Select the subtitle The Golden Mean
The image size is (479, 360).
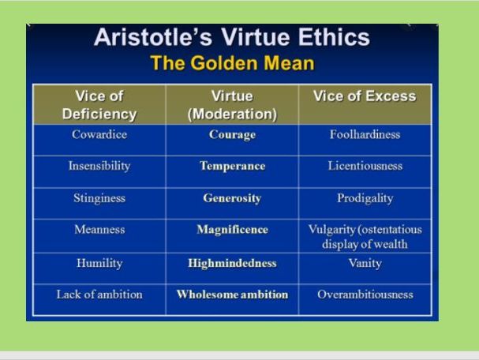point(232,64)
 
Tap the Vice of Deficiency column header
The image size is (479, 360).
point(99,105)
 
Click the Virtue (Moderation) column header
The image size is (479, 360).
point(232,105)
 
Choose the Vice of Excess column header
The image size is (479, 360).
point(365,97)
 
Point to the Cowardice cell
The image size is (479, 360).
point(99,134)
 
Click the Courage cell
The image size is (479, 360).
point(232,135)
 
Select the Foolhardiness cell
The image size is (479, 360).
point(365,134)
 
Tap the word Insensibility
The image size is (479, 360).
point(99,167)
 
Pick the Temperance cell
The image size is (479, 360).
point(232,167)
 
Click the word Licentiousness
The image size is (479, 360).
point(365,167)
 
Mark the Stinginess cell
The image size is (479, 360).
point(99,198)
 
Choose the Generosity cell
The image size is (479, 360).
point(232,198)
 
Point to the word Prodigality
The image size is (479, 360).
point(365,199)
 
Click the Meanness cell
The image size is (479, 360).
point(99,230)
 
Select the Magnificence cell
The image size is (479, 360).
point(232,230)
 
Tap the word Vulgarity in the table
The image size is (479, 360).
point(333,230)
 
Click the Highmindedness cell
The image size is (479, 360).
point(232,263)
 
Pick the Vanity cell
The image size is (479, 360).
point(365,263)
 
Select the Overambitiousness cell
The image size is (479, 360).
point(365,294)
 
